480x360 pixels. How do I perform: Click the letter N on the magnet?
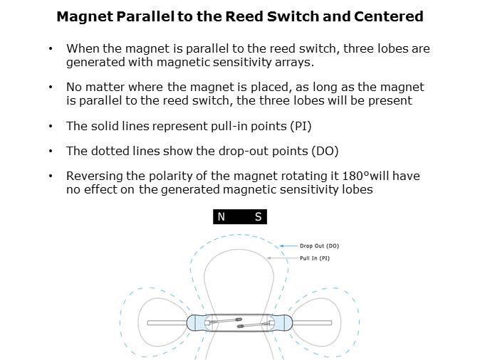tap(221, 216)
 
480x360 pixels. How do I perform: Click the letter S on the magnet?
tap(258, 216)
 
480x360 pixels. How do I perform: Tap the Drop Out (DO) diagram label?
tap(319, 246)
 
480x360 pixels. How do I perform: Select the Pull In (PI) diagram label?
tap(315, 258)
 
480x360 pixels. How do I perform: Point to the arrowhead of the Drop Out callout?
tap(281, 246)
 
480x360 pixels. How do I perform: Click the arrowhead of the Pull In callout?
tap(269, 258)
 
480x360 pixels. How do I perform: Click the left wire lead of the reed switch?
tap(167, 323)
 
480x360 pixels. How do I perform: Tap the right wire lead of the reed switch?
tap(312, 323)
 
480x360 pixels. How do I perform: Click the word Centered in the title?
tap(388, 16)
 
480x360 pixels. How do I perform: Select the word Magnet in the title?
tap(85, 16)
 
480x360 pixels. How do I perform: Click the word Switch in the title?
tap(293, 16)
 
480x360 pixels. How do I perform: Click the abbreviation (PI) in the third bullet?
tap(301, 126)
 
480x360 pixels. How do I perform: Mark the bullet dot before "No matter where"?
tap(51, 88)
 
